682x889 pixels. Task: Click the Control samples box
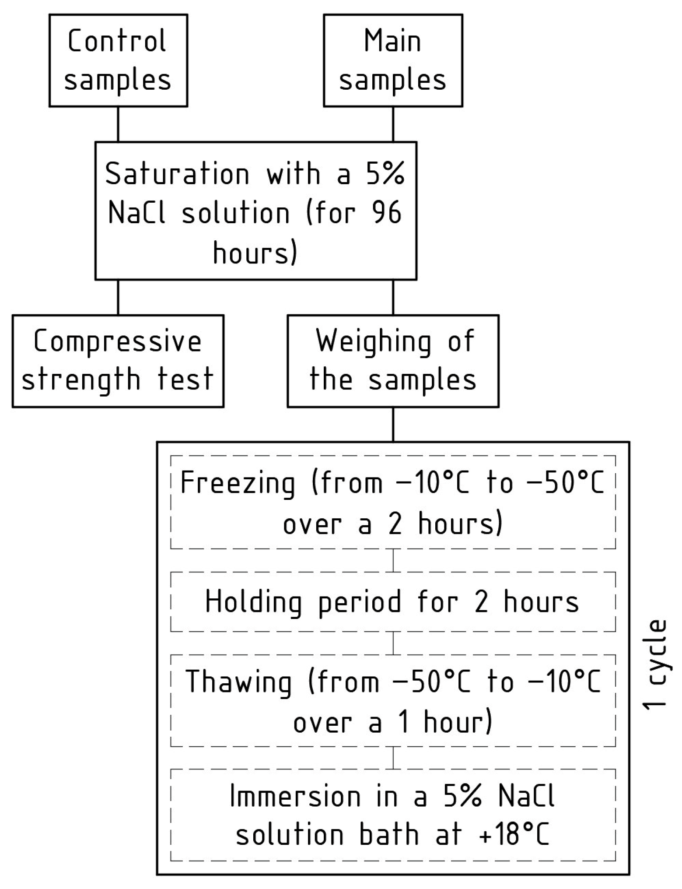pyautogui.click(x=118, y=60)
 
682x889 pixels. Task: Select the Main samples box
pyautogui.click(x=392, y=60)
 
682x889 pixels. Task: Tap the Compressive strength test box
pyautogui.click(x=118, y=361)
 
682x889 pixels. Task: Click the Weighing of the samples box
pyautogui.click(x=392, y=361)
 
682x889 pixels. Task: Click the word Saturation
pyautogui.click(x=177, y=174)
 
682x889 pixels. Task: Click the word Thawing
pyautogui.click(x=238, y=682)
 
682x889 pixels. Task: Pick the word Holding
pyautogui.click(x=253, y=602)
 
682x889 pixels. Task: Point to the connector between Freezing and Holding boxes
pyautogui.click(x=393, y=560)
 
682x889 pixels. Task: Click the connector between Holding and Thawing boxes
pyautogui.click(x=393, y=643)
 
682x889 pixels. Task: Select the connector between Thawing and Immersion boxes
pyautogui.click(x=393, y=758)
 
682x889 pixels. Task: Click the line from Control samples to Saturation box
pyautogui.click(x=118, y=124)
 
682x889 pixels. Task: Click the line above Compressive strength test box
pyautogui.click(x=118, y=297)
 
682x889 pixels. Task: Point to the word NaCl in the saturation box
pyautogui.click(x=136, y=213)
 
